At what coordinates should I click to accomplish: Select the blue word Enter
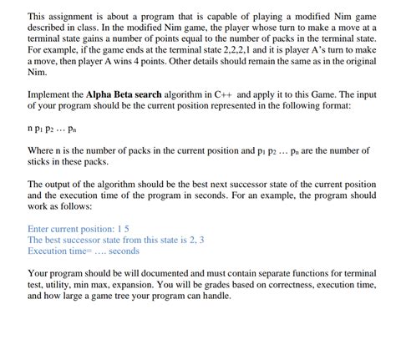[41, 228]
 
